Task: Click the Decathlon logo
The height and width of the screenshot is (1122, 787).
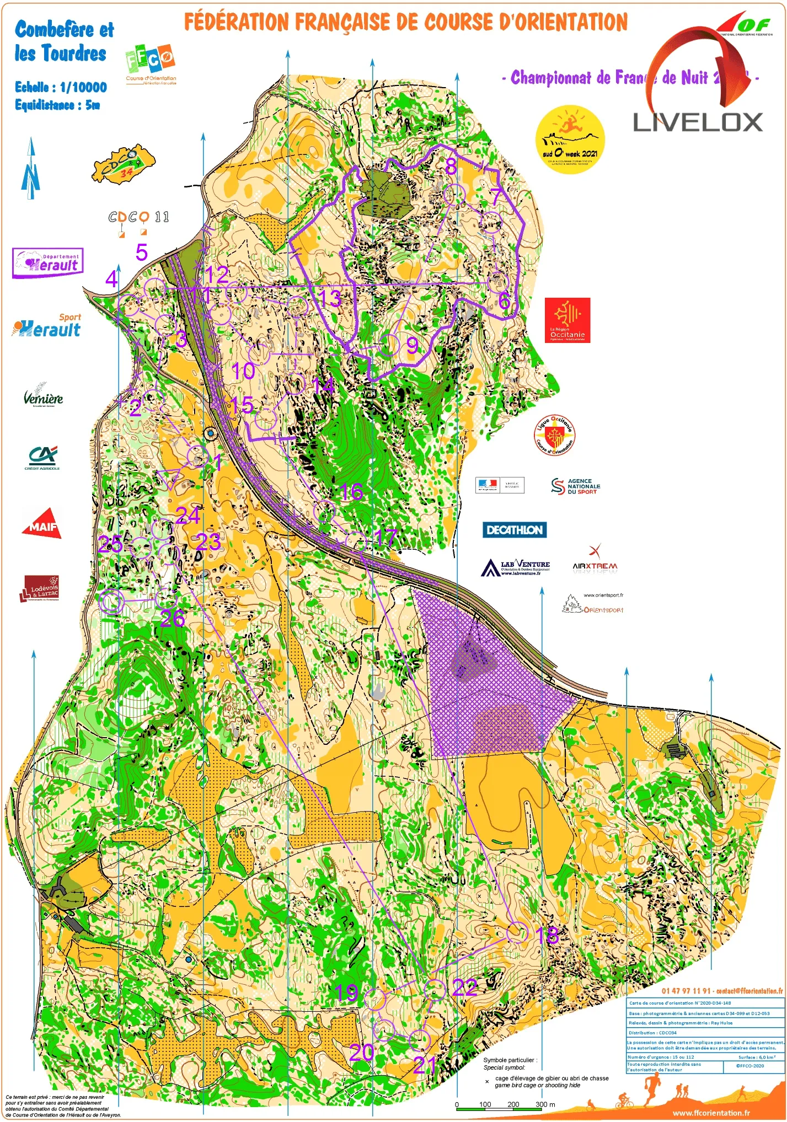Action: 515,530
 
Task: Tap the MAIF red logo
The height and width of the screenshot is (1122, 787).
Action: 41,524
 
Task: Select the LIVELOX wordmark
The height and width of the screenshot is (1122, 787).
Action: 698,122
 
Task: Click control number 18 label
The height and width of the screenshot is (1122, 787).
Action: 547,935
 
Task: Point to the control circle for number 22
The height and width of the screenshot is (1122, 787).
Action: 435,990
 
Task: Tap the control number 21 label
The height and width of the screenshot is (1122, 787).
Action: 424,1065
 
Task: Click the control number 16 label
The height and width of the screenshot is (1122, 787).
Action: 351,492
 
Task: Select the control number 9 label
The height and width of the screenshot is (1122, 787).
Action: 412,346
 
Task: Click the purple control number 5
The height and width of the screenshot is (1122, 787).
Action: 142,252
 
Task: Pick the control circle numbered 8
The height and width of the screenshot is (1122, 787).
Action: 454,194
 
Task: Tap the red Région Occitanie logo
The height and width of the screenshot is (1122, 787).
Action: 567,320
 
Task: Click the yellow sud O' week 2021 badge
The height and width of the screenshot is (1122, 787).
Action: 570,139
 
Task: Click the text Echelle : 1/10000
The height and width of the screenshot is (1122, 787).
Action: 61,87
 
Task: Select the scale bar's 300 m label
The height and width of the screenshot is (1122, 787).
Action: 545,1104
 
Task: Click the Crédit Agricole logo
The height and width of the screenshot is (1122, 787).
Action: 42,457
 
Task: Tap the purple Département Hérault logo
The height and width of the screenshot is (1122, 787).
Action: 48,263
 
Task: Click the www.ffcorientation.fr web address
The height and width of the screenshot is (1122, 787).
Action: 711,1113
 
